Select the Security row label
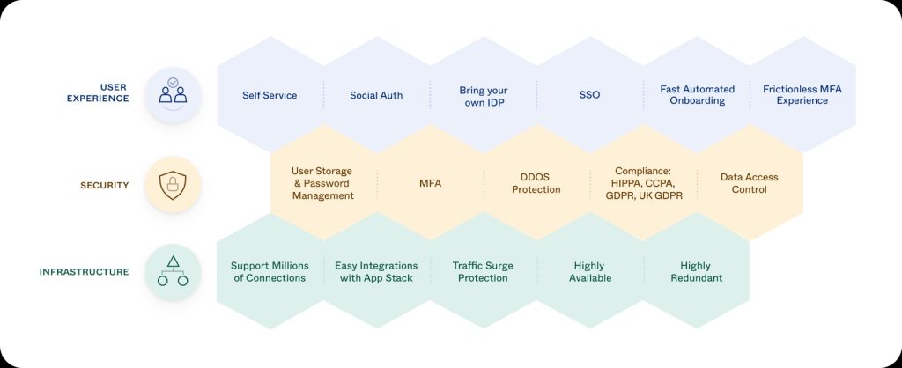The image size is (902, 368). pyautogui.click(x=104, y=185)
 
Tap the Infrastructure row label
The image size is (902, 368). pyautogui.click(x=84, y=272)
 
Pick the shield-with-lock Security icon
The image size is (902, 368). pyautogui.click(x=173, y=185)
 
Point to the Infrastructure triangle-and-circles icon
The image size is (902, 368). pyautogui.click(x=173, y=272)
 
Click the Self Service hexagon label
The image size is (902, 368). pyautogui.click(x=270, y=95)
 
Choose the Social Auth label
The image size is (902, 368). pyautogui.click(x=376, y=95)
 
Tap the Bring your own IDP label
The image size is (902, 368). pyautogui.click(x=484, y=96)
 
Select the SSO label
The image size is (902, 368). pyautogui.click(x=590, y=95)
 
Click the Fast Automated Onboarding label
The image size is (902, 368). pyautogui.click(x=697, y=95)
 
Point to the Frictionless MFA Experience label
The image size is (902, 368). pyautogui.click(x=802, y=95)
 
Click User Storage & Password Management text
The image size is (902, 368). pyautogui.click(x=322, y=183)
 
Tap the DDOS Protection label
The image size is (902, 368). pyautogui.click(x=536, y=183)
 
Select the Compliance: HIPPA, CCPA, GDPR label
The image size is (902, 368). pyautogui.click(x=643, y=183)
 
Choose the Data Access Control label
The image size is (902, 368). pyautogui.click(x=749, y=183)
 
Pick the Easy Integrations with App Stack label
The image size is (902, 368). pyautogui.click(x=376, y=271)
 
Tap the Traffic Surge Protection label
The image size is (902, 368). pyautogui.click(x=483, y=271)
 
